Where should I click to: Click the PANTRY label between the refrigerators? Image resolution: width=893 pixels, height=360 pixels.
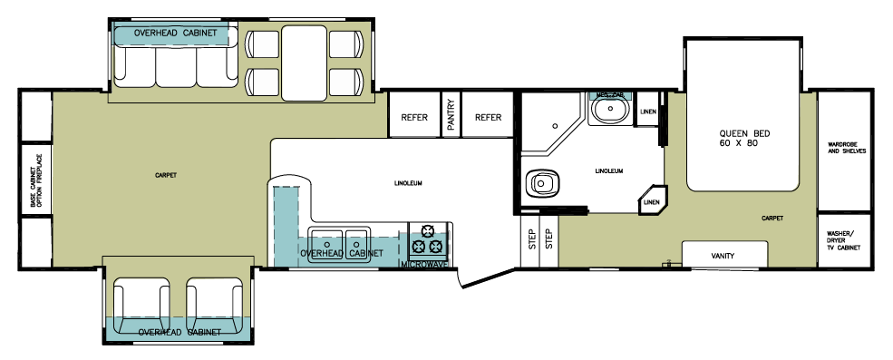point(451,116)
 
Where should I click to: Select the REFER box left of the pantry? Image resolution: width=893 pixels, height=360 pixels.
point(414,117)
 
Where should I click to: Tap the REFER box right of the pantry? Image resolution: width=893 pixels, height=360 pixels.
point(489,117)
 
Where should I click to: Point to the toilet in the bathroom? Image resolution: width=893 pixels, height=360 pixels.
point(541,184)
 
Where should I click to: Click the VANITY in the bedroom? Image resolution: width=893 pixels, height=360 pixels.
point(723,256)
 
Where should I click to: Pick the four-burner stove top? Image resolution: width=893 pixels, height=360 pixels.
point(428,239)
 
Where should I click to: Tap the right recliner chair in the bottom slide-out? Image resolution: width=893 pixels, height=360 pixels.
point(217,298)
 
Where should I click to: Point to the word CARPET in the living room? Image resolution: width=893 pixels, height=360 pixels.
point(165,174)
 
